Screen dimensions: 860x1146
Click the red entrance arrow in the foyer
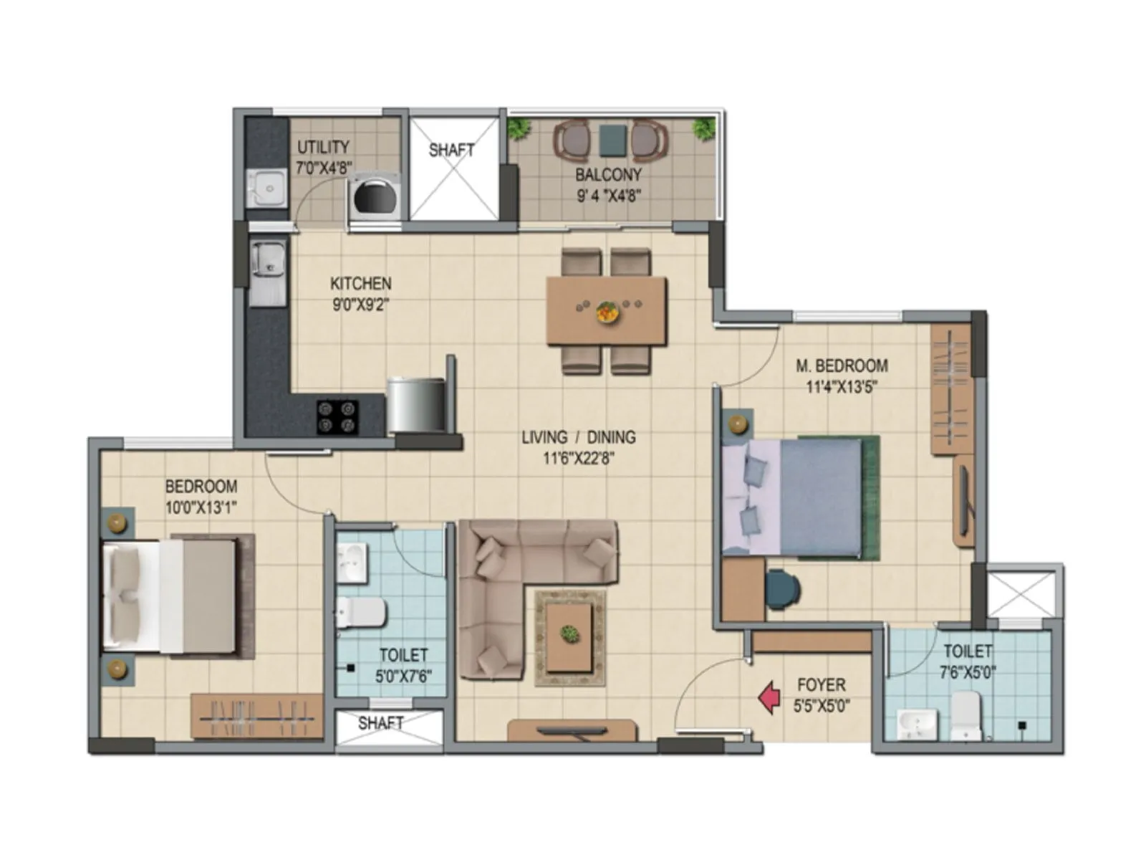pyautogui.click(x=769, y=698)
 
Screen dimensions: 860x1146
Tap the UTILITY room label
pyautogui.click(x=323, y=148)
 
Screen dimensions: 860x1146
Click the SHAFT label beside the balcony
pyautogui.click(x=451, y=150)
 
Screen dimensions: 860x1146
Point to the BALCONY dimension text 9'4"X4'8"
pyautogui.click(x=608, y=195)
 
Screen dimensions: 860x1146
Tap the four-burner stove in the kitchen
pyautogui.click(x=337, y=417)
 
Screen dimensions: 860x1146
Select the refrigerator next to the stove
pyautogui.click(x=416, y=405)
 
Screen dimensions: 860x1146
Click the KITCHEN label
pyautogui.click(x=360, y=283)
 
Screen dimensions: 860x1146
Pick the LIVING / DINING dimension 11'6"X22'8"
pyautogui.click(x=579, y=458)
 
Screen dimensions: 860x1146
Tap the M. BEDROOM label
pyautogui.click(x=842, y=365)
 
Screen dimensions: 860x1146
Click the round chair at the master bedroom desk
pyautogui.click(x=783, y=589)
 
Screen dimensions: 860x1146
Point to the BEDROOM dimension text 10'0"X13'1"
pyautogui.click(x=201, y=507)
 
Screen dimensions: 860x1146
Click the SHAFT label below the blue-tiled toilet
pyautogui.click(x=380, y=723)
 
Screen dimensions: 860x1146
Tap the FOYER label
pyautogui.click(x=821, y=685)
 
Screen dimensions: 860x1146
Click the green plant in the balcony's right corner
pyautogui.click(x=704, y=128)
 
